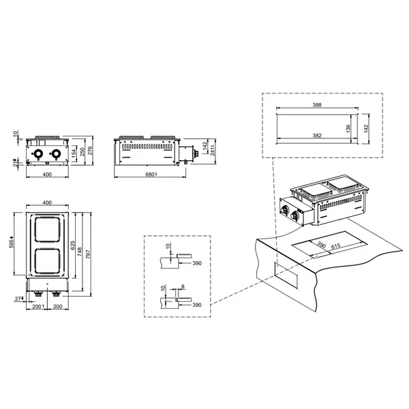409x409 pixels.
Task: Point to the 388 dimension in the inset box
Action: click(x=316, y=106)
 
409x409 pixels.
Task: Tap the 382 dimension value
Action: click(x=316, y=136)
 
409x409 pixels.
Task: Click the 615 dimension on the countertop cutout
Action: click(x=335, y=247)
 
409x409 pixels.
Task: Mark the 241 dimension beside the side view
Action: click(x=213, y=151)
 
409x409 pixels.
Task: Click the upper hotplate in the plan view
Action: click(x=47, y=232)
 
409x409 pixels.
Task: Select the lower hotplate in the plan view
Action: click(x=47, y=263)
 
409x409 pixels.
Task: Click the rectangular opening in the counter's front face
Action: click(x=285, y=277)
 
